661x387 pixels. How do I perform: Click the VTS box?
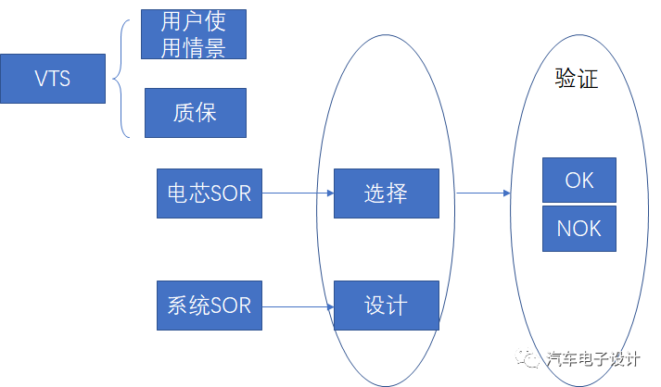pyautogui.click(x=53, y=79)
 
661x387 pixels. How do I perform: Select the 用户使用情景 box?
pyautogui.click(x=194, y=34)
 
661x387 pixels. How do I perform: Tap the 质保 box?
pyautogui.click(x=196, y=113)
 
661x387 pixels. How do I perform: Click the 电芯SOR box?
pyautogui.click(x=210, y=193)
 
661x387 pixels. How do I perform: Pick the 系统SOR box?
pyautogui.click(x=210, y=306)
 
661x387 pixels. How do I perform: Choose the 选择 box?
pyautogui.click(x=387, y=193)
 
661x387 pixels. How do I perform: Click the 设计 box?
pyautogui.click(x=387, y=306)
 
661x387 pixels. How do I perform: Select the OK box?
pyautogui.click(x=579, y=181)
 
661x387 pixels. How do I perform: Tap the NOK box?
pyautogui.click(x=579, y=229)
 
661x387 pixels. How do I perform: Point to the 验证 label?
pyautogui.click(x=577, y=79)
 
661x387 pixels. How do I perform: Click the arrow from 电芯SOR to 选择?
pyautogui.click(x=298, y=193)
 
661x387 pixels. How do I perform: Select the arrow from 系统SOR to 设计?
pyautogui.click(x=298, y=307)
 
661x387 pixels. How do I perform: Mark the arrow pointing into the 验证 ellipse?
pyautogui.click(x=484, y=193)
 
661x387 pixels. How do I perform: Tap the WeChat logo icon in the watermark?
pyautogui.click(x=527, y=358)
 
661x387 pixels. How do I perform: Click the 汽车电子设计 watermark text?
pyautogui.click(x=593, y=359)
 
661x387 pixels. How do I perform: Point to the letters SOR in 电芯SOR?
pyautogui.click(x=231, y=193)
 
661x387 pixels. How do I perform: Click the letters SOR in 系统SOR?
pyautogui.click(x=231, y=306)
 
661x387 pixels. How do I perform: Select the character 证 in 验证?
pyautogui.click(x=588, y=79)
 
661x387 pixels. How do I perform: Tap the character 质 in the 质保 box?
pyautogui.click(x=184, y=113)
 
